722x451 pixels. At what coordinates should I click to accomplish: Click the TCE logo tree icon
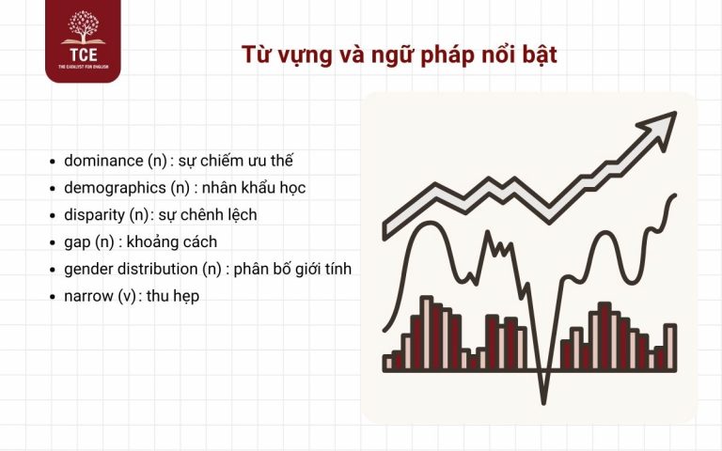click(x=83, y=28)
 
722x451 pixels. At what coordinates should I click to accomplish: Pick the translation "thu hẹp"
click(x=173, y=296)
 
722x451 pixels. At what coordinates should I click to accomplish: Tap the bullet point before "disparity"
click(x=53, y=215)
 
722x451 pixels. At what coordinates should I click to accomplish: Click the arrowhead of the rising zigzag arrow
click(x=662, y=122)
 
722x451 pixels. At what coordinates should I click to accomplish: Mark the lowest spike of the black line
click(x=542, y=400)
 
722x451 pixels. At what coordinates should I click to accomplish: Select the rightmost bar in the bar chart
click(x=670, y=347)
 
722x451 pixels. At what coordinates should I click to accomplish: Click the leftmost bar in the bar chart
click(x=388, y=362)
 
